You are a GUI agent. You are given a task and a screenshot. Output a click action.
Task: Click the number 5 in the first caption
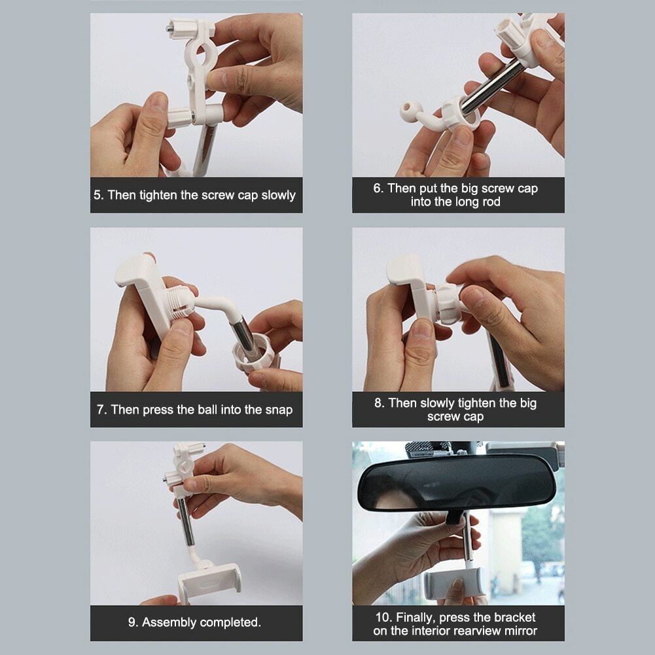(x=97, y=195)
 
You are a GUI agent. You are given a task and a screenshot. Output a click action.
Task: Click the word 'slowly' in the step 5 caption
(x=278, y=195)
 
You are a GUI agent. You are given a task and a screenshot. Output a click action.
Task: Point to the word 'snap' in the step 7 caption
(x=279, y=410)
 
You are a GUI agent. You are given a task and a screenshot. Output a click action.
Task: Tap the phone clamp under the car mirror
(x=455, y=582)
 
